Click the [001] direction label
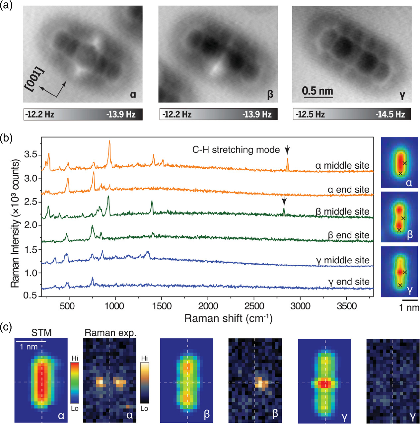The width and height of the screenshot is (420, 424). coord(35,79)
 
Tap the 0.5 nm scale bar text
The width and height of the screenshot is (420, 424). coord(317,91)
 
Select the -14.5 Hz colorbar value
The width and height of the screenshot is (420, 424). coord(390,115)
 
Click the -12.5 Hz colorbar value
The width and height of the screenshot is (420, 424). coord(310,115)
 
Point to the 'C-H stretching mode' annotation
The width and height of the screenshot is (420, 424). coord(236,150)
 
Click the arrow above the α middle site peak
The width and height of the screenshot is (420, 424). coord(287,150)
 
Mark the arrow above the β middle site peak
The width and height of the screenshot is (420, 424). coord(284,201)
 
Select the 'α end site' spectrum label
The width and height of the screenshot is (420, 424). coord(348,190)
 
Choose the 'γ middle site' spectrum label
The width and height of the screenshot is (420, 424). coord(343,260)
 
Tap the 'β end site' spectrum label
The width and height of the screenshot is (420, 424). coord(348,235)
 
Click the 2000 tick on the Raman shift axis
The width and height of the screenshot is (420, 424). coord(208,306)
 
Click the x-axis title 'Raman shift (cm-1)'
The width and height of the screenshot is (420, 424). coord(228,318)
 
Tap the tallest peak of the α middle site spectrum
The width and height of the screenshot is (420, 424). coord(109,142)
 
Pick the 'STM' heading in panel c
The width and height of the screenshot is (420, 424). coord(41,332)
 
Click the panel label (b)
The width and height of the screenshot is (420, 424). coord(6,138)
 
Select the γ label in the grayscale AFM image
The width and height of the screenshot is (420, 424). coord(402,95)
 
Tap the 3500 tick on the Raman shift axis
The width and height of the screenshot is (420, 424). coord(347,306)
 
